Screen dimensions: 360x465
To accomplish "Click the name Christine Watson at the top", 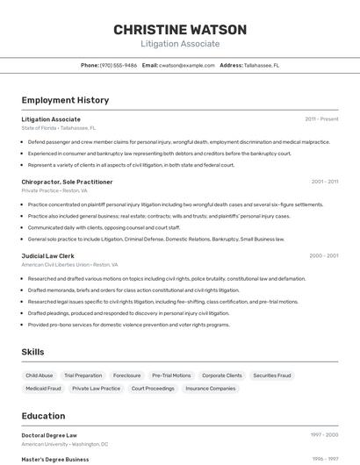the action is point(180,30).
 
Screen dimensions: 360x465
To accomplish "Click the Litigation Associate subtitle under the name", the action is point(180,44).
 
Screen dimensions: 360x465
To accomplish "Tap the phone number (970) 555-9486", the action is point(119,65).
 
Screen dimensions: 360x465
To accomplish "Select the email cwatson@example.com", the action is point(187,65).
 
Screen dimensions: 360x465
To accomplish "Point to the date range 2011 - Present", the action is point(321,118).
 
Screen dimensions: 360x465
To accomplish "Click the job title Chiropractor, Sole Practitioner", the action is point(67,182).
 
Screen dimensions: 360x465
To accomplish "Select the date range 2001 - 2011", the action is point(324,182).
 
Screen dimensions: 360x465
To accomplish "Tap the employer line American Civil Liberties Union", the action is point(68,264).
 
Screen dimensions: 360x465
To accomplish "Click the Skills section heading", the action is point(33,352).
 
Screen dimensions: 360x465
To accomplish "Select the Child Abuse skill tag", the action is point(39,376).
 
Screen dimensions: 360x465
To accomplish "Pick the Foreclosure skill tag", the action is point(126,376).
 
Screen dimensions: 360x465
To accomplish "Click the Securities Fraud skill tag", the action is point(271,376).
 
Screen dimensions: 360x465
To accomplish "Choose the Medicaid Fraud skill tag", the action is point(43,388).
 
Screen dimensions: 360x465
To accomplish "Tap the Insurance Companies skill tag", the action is point(210,388).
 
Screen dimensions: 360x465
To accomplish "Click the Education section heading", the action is point(43,416).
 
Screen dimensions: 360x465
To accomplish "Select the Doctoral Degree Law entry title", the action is point(49,435).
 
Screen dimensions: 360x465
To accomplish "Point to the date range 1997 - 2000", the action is point(324,435).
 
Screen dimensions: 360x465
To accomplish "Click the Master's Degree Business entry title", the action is point(55,459).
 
